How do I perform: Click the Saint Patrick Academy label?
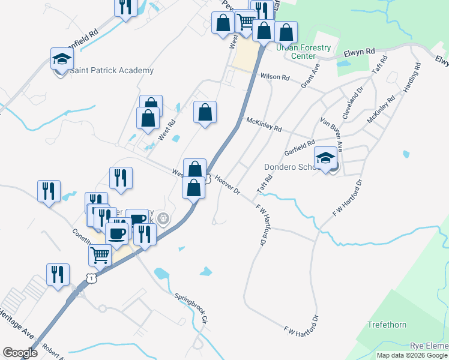tap(112, 71)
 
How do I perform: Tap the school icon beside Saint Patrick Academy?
tap(62, 59)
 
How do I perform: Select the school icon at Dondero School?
tap(326, 158)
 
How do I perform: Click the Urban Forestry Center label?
tap(303, 52)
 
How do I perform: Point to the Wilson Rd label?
tap(275, 77)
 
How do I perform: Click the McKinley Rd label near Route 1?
tap(264, 124)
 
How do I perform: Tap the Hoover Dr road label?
tap(228, 184)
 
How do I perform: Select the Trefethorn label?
tap(387, 325)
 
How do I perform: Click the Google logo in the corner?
tap(20, 353)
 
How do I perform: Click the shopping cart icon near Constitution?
tap(100, 254)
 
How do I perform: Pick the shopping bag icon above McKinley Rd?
tap(205, 112)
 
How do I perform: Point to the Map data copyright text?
tap(412, 355)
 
